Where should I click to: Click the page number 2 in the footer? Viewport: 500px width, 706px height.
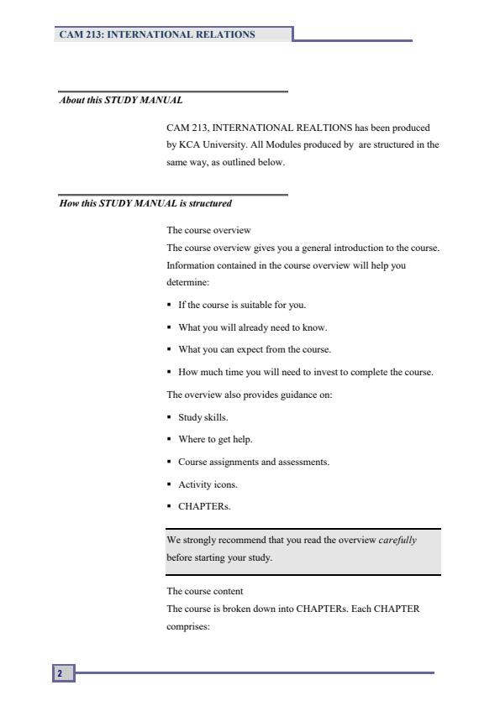(60, 673)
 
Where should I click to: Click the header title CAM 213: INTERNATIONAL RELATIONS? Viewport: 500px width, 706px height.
(156, 34)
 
